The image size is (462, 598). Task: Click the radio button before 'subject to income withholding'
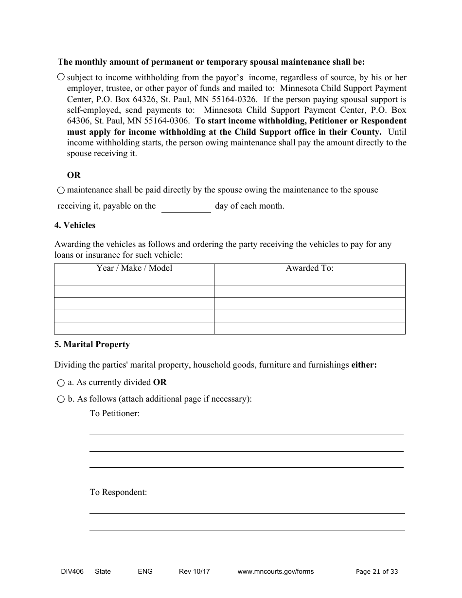61,77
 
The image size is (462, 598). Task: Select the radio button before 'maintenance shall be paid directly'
61,190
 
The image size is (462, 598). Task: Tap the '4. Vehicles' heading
75,225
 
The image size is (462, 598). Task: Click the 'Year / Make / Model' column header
134,268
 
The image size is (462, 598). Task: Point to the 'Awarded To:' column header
309,268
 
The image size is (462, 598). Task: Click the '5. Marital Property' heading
92,344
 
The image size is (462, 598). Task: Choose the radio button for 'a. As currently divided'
61,383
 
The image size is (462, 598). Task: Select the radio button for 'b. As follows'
61,399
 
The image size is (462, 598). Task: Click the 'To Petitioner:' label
114,413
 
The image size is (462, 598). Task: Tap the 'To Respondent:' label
118,492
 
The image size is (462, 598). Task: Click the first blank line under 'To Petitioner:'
246,430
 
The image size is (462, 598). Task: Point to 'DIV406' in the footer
65,571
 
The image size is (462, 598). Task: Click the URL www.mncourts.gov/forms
275,571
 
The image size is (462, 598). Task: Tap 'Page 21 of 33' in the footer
376,572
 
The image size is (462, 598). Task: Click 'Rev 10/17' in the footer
194,571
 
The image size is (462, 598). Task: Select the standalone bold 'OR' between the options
74,175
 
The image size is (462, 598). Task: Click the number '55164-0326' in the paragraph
234,99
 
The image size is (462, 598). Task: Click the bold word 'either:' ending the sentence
364,365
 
